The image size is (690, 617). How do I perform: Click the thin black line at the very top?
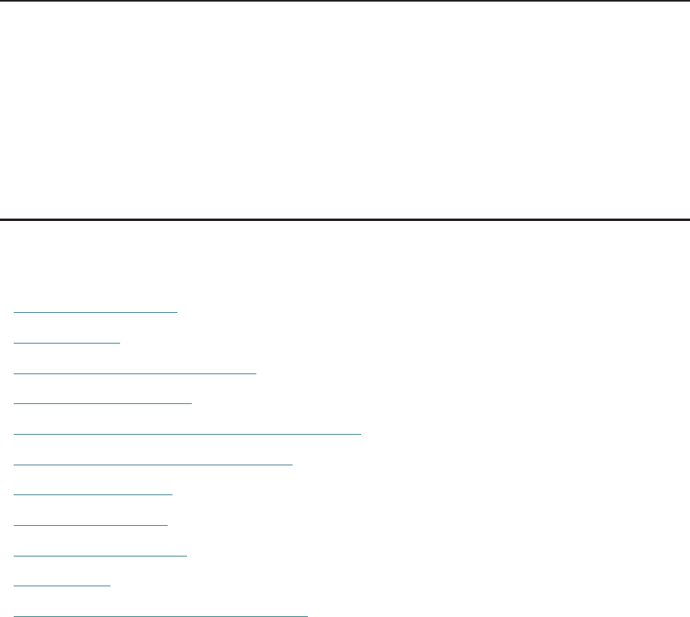click(345, 1)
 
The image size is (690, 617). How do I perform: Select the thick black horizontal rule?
click(345, 219)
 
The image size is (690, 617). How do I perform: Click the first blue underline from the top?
click(96, 311)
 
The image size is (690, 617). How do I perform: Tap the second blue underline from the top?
click(67, 341)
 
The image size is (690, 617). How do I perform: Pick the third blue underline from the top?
click(135, 372)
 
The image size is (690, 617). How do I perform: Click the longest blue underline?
click(188, 433)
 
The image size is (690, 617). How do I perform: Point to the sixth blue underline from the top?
click(153, 464)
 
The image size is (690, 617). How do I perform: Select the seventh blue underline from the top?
click(94, 494)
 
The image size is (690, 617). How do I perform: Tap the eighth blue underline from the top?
click(91, 524)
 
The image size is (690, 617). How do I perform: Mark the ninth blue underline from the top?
click(101, 555)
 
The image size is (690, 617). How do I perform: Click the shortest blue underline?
click(62, 586)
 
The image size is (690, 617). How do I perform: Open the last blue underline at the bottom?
click(161, 615)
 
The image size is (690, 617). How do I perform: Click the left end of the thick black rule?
click(2, 219)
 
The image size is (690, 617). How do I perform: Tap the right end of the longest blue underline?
click(360, 433)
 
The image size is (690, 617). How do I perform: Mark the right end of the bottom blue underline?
click(306, 615)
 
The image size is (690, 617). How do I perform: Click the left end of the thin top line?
click(2, 1)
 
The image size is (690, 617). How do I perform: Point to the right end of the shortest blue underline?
click(109, 586)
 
